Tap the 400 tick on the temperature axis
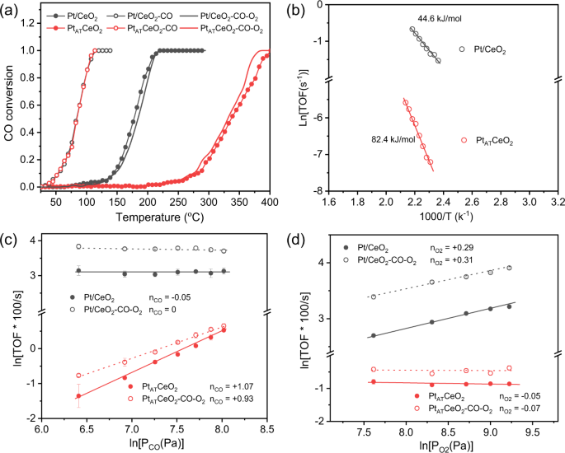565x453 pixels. (270, 202)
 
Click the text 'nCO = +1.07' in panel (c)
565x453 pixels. (208, 386)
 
